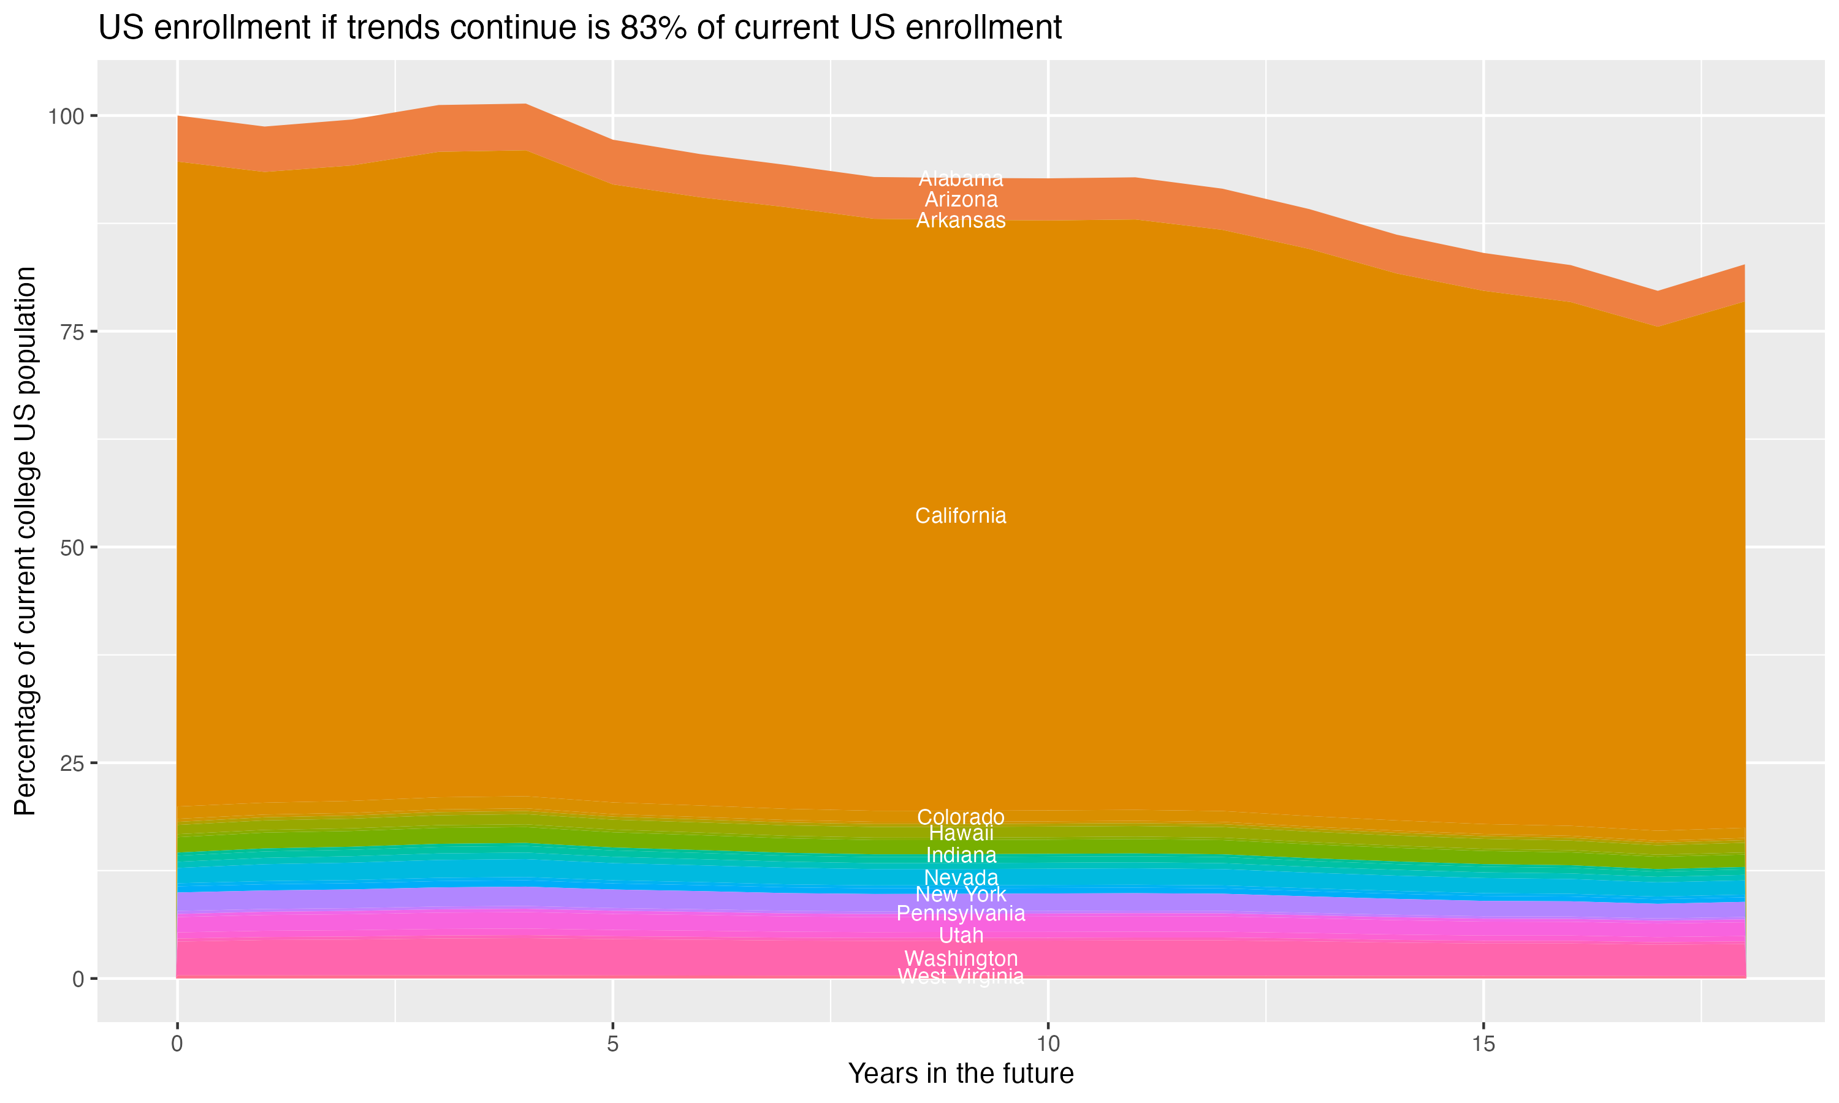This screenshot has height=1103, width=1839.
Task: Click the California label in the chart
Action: coord(961,516)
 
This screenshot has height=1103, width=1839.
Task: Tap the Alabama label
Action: coord(961,178)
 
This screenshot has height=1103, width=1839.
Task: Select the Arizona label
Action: coord(961,199)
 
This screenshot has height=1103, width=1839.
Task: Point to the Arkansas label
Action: coord(961,221)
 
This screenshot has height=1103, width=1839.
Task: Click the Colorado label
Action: coord(961,817)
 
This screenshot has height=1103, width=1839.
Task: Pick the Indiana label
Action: coord(961,855)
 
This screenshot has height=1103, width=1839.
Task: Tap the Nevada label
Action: coord(961,877)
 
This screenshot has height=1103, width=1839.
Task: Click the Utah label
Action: coord(961,935)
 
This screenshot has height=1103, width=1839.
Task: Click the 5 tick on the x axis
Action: coord(612,1044)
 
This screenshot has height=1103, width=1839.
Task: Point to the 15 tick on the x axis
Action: coord(1483,1044)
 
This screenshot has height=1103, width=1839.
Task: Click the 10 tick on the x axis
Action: coord(1048,1044)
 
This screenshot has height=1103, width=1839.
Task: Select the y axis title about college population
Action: coord(25,541)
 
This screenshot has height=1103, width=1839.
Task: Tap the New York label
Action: coord(961,894)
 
